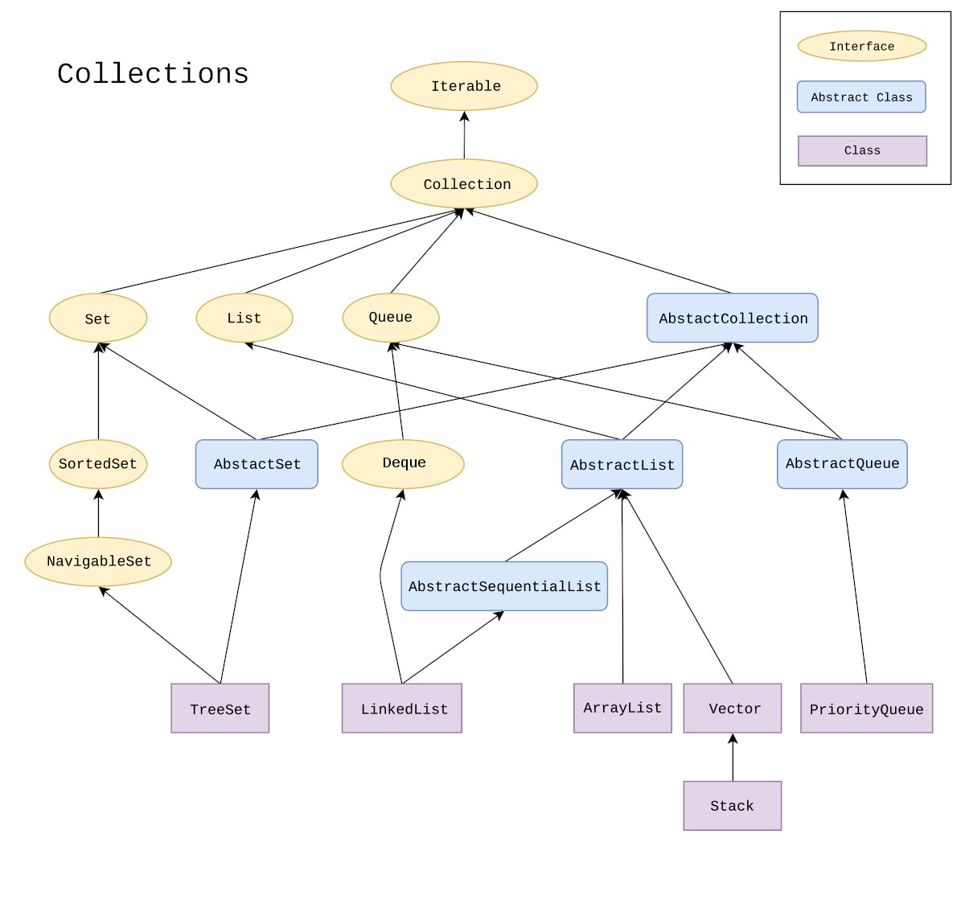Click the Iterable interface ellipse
click(x=464, y=86)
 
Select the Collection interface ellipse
click(x=464, y=183)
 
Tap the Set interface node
click(x=98, y=318)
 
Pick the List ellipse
click(x=244, y=318)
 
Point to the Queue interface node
click(x=391, y=317)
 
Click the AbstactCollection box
click(x=733, y=318)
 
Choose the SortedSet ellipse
click(x=98, y=464)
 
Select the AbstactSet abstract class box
click(x=257, y=464)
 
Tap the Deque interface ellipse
click(x=403, y=464)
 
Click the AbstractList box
click(x=622, y=464)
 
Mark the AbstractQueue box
click(x=842, y=464)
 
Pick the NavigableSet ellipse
click(x=98, y=561)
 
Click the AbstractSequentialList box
click(x=504, y=586)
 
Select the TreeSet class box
click(x=220, y=709)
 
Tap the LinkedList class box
click(x=402, y=709)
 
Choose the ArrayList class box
click(x=622, y=708)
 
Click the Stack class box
click(x=732, y=805)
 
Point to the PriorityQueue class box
click(x=866, y=709)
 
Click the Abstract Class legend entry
click(x=861, y=97)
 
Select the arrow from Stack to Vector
click(x=733, y=758)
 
